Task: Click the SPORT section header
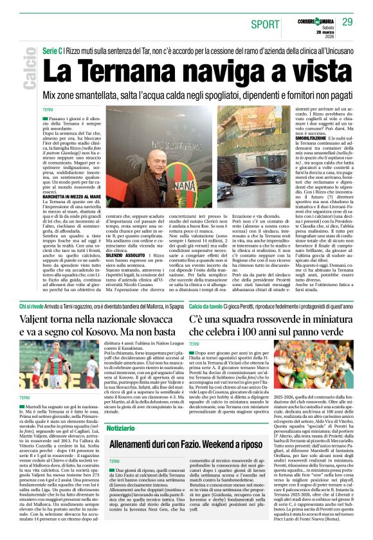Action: tap(265, 24)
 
